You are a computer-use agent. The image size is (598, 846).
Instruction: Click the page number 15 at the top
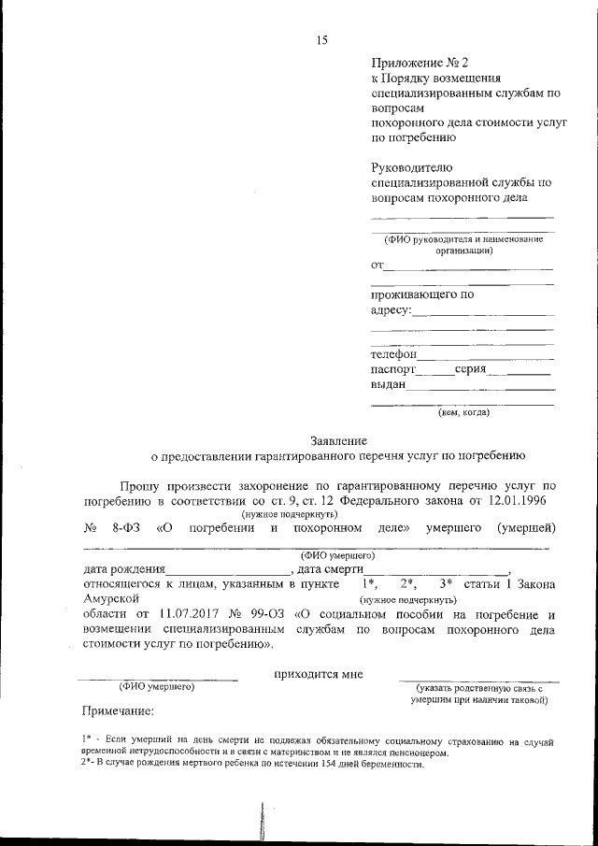[x=322, y=38]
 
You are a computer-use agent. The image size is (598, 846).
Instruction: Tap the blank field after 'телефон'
[x=485, y=355]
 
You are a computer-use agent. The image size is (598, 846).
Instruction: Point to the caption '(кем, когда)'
[x=463, y=411]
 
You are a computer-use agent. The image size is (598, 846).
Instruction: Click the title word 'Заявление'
[x=338, y=440]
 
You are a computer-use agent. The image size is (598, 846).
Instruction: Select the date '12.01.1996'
[x=520, y=501]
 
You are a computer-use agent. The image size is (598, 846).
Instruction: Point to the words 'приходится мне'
[x=318, y=674]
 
